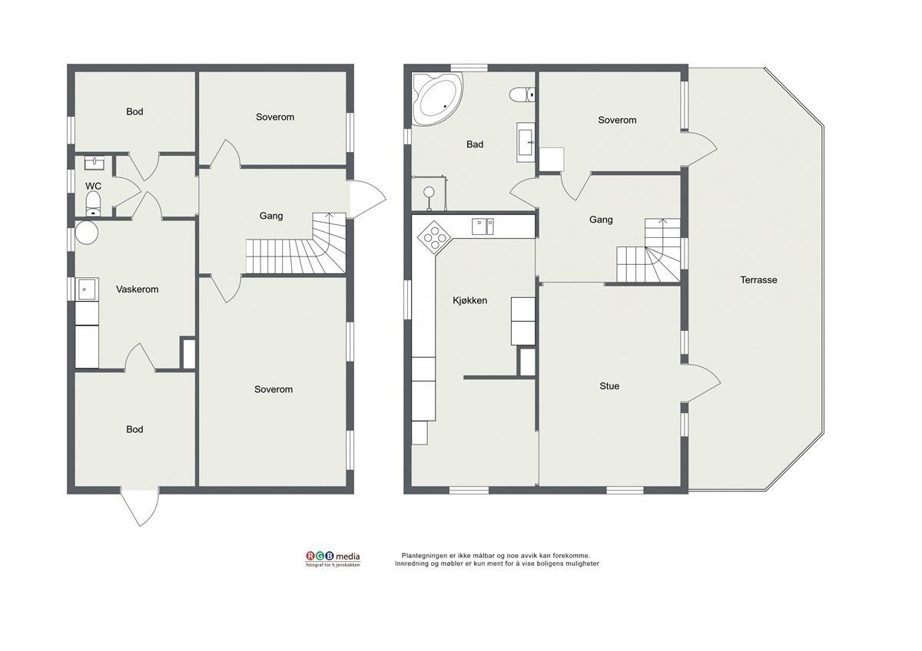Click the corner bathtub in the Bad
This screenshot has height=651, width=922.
click(437, 99)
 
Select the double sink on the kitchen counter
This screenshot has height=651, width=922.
click(483, 226)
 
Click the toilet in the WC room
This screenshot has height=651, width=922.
click(94, 204)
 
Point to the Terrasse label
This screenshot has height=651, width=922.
click(758, 280)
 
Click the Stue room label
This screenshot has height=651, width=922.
click(609, 385)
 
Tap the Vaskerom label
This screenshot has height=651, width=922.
click(137, 289)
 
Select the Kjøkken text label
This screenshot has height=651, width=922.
click(469, 301)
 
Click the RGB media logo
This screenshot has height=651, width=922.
click(333, 559)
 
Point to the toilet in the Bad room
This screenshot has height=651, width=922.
click(522, 95)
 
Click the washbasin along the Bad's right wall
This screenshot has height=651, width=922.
click(526, 142)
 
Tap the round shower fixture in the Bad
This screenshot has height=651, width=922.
click(429, 192)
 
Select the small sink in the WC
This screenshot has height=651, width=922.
click(95, 163)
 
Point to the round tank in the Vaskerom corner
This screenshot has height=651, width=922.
click(86, 233)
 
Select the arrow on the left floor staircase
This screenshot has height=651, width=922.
click(329, 218)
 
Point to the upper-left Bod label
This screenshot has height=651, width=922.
click(134, 111)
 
